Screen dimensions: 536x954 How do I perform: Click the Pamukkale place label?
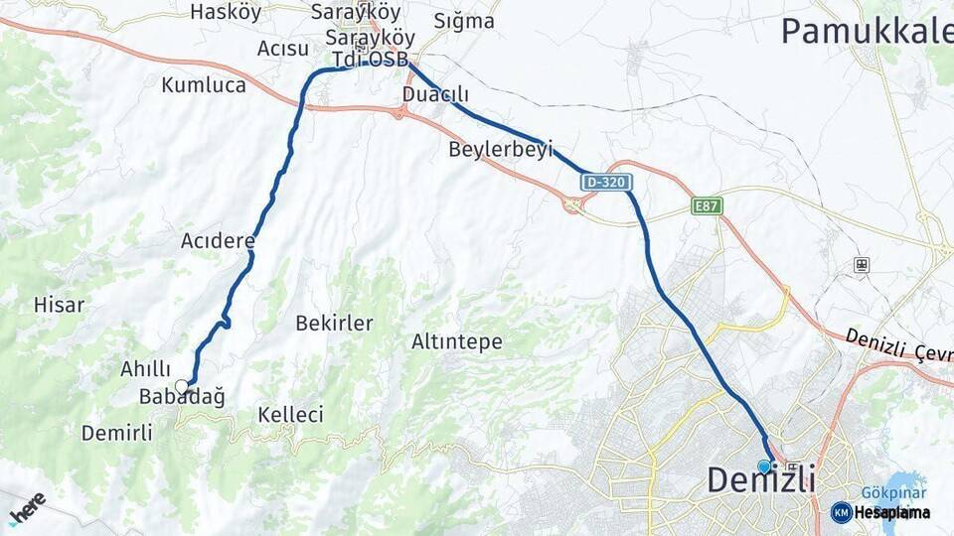[866, 31]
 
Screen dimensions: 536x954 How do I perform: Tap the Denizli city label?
[760, 480]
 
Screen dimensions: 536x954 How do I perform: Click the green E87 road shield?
[707, 206]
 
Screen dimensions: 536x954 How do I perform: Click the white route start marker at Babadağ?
[181, 385]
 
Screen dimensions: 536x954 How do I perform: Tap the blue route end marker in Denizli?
[764, 466]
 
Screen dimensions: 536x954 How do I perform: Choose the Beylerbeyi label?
[500, 150]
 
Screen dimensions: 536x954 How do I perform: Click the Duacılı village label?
[435, 94]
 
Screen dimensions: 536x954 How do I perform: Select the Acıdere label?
[218, 240]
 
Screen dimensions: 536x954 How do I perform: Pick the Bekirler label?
[334, 323]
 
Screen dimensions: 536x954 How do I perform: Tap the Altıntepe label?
[457, 342]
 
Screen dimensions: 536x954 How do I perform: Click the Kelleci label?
[290, 414]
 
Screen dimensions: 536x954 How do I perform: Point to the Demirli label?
[117, 433]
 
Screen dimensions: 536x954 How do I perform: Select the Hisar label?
[59, 305]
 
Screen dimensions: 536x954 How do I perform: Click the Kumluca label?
[204, 84]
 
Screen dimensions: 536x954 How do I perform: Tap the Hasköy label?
[225, 12]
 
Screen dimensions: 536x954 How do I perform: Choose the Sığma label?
[464, 20]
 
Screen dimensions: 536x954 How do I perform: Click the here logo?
[27, 508]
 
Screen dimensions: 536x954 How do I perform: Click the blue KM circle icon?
[841, 512]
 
